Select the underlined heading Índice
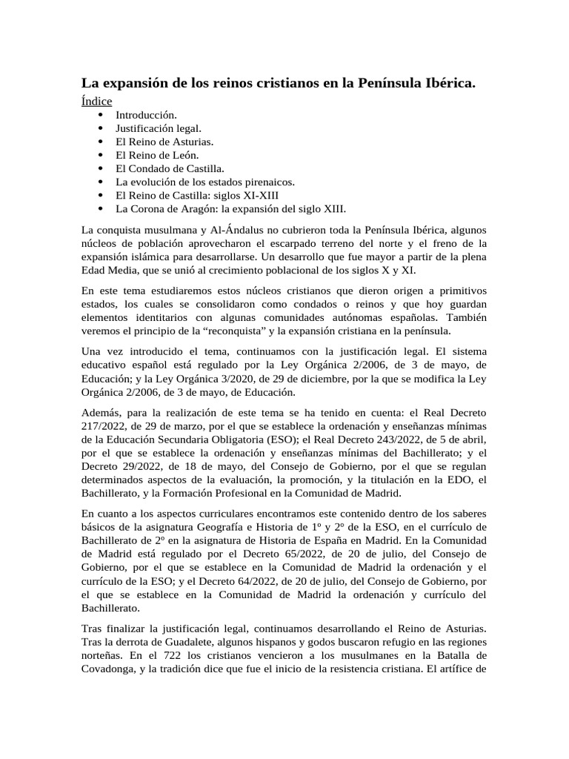96,102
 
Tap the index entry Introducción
146,116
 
